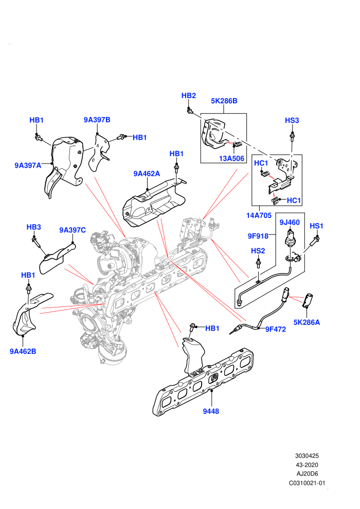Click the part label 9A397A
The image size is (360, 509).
point(28,165)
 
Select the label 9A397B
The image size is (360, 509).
point(97,120)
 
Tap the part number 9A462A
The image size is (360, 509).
point(147,174)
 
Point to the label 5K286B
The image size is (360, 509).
point(224,101)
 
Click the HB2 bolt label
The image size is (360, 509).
point(189,96)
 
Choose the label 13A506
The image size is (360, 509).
point(232,158)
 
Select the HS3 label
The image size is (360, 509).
point(292,120)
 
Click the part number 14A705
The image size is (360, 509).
point(259,215)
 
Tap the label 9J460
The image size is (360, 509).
point(290,222)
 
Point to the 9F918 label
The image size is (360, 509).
point(258,236)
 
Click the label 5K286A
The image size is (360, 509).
point(307,322)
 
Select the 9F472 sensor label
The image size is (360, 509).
point(275,329)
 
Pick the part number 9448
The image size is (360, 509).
point(211,411)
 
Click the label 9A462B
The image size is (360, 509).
point(23,351)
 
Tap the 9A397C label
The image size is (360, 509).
point(73,230)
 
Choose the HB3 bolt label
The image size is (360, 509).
point(34,227)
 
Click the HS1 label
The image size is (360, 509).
point(316,226)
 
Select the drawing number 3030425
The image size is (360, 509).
point(307,456)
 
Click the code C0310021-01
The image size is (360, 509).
point(307,483)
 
